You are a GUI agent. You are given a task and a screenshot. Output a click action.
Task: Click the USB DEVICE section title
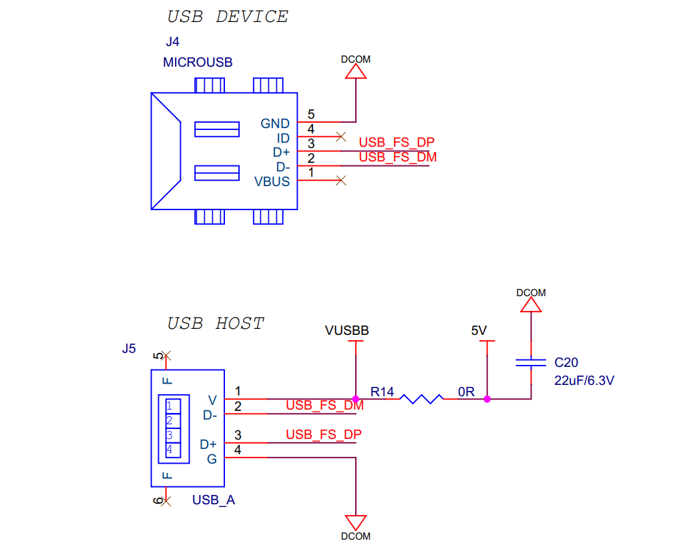tap(228, 17)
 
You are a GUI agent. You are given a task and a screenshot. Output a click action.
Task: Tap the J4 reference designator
tap(172, 41)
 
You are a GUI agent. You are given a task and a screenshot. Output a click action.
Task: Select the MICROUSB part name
tap(198, 63)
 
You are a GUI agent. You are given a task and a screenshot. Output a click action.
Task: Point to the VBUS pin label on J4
tap(272, 181)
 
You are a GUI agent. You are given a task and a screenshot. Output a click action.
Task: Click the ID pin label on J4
tap(284, 138)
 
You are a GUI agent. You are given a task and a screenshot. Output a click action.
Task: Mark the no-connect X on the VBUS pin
tap(341, 180)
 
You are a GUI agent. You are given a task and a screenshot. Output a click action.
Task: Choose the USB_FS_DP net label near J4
tap(397, 142)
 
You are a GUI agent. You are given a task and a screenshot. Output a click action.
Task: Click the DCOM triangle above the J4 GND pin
tap(356, 73)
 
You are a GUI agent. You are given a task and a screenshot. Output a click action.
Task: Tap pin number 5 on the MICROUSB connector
tap(311, 115)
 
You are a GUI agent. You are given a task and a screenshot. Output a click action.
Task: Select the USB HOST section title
tap(216, 324)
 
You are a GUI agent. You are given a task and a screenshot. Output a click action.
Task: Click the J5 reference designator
tap(129, 348)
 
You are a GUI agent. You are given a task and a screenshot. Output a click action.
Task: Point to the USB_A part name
tap(214, 500)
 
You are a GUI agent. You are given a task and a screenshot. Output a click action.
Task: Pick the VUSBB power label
tap(347, 330)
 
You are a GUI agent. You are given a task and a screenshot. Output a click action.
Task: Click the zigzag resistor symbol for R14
tap(421, 399)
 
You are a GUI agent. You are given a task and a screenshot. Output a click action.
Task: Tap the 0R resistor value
tap(467, 392)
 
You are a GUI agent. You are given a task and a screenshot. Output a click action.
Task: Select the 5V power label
tap(479, 330)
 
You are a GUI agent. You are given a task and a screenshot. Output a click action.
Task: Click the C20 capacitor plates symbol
tap(531, 364)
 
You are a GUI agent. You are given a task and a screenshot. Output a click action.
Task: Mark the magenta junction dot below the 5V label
tap(487, 399)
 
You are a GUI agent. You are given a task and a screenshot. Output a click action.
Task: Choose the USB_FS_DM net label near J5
tap(324, 405)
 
